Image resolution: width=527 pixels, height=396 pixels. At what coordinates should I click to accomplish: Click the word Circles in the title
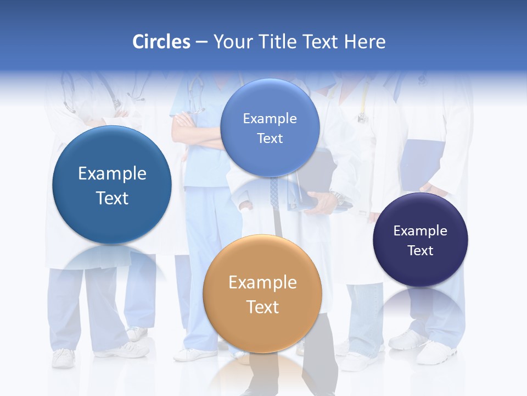161,42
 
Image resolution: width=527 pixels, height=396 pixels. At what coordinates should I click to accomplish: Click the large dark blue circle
112,185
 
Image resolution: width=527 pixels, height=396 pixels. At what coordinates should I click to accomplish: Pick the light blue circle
270,128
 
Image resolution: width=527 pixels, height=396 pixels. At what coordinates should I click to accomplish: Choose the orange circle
262,294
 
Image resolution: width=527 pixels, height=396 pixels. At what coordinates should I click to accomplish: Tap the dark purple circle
420,240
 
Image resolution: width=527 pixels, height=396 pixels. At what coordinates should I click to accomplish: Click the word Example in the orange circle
262,283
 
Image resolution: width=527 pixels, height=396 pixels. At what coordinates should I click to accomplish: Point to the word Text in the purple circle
420,251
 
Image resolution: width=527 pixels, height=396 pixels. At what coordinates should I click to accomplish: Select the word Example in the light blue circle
270,118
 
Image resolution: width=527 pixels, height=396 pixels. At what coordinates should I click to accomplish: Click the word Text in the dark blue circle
112,198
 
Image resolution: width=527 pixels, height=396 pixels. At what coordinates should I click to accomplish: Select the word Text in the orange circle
262,307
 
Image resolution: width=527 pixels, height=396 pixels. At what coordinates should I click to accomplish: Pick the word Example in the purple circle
420,230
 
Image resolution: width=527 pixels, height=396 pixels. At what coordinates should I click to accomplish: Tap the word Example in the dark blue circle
112,174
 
